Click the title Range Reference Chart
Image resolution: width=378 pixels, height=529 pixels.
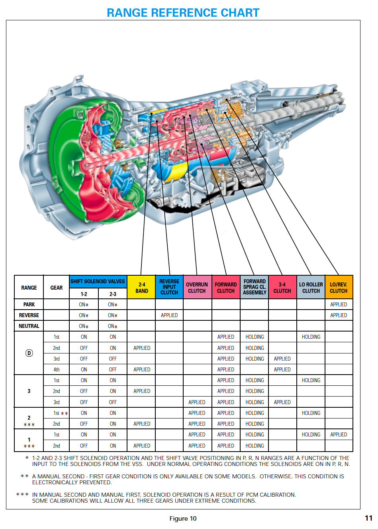[183, 13]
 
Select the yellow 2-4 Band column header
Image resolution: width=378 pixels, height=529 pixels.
[141, 287]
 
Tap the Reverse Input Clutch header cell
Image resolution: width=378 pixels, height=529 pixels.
[169, 287]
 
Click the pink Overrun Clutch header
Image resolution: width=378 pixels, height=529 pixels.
[197, 287]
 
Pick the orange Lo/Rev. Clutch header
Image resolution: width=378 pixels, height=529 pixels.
[339, 287]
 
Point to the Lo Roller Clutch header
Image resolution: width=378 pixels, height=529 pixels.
[311, 287]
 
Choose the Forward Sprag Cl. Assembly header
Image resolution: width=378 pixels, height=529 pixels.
[255, 287]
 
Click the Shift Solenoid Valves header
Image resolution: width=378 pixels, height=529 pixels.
[98, 281]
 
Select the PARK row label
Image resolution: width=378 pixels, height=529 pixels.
[29, 304]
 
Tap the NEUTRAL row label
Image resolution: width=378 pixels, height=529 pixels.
[29, 326]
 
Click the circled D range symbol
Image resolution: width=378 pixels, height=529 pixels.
[29, 353]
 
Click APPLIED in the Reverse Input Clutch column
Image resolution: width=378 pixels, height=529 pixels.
[169, 315]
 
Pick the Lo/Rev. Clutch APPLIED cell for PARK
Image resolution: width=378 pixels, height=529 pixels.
[339, 304]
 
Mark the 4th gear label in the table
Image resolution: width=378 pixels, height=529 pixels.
[57, 369]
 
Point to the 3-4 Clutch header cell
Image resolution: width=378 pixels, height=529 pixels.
[282, 287]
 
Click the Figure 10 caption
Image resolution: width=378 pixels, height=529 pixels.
[183, 518]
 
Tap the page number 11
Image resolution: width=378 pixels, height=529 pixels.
[368, 518]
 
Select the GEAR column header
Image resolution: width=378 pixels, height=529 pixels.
[57, 287]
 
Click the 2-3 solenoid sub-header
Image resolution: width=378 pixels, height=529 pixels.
[113, 294]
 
